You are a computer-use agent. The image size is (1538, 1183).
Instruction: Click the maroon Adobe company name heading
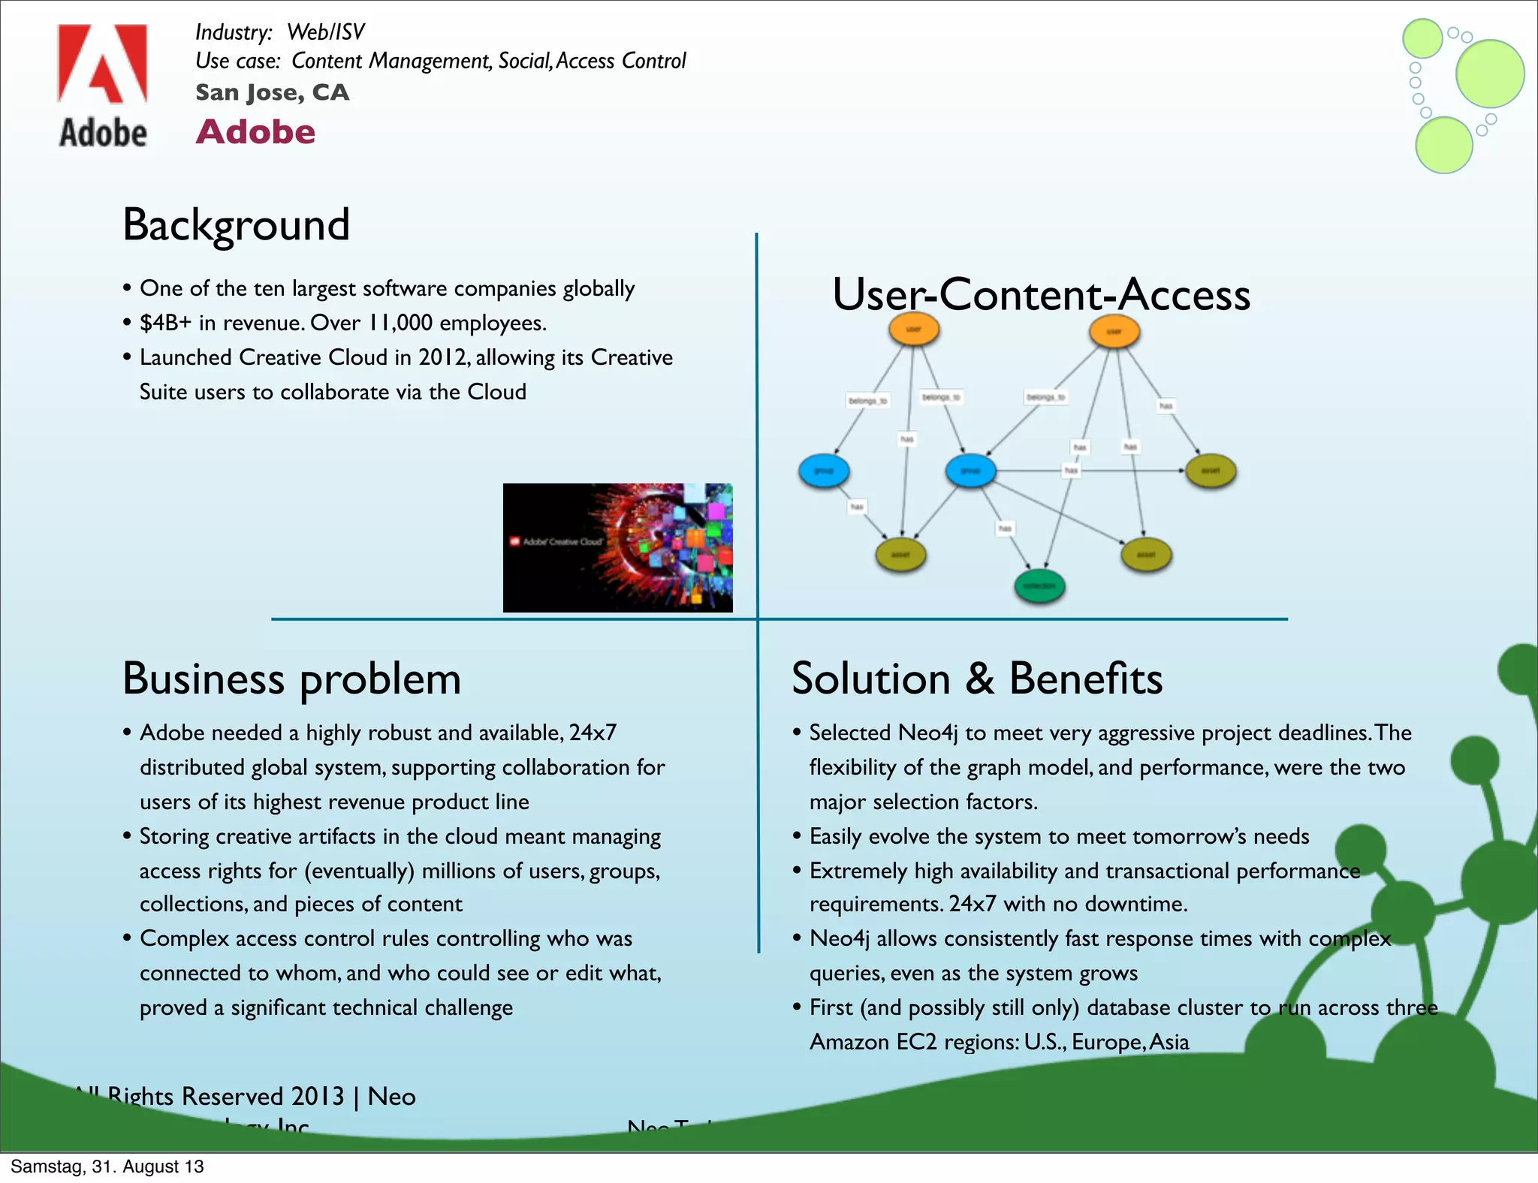(255, 132)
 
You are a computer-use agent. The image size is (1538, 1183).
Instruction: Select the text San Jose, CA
(272, 92)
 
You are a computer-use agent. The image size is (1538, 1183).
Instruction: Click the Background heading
(236, 224)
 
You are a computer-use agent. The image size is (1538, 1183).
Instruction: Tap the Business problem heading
(291, 679)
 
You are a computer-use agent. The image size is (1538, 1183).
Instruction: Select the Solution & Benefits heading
(976, 679)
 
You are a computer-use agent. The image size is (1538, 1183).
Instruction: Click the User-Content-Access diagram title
(1041, 294)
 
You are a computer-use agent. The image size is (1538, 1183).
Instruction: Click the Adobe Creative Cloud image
(617, 547)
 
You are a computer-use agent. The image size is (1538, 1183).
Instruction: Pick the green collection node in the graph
(1039, 586)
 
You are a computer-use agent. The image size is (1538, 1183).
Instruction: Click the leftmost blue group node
(824, 471)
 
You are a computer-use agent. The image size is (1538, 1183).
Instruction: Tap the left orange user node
(914, 329)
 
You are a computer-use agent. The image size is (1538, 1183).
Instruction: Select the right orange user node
(1114, 331)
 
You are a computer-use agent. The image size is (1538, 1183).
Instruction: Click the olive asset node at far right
(1211, 471)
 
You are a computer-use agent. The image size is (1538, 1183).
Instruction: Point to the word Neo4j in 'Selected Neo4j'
(928, 733)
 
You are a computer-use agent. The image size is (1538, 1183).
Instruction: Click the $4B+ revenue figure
(166, 323)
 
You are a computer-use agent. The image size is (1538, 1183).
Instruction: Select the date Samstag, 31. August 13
(107, 1166)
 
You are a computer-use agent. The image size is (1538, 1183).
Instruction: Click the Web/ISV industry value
(325, 32)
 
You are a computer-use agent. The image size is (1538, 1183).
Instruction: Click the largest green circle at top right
(1489, 74)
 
